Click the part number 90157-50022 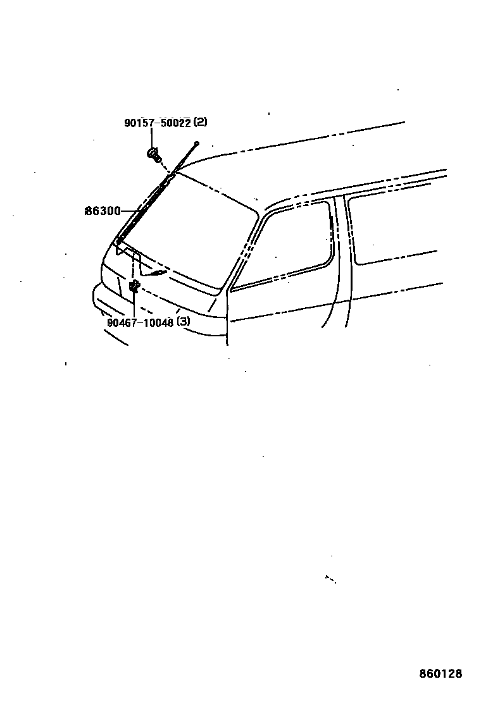pos(157,123)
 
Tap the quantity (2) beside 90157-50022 pos(200,122)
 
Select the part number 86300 pos(103,211)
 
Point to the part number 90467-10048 pos(140,321)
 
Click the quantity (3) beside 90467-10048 pos(183,321)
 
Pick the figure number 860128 pos(440,674)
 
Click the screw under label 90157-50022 pos(154,153)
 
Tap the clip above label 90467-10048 pos(134,287)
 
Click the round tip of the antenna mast pos(197,144)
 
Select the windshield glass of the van pos(190,234)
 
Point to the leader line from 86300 pos(129,211)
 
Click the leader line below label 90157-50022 pos(152,137)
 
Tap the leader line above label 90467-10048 pos(134,305)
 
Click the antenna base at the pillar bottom pos(118,240)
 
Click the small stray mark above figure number pos(330,578)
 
